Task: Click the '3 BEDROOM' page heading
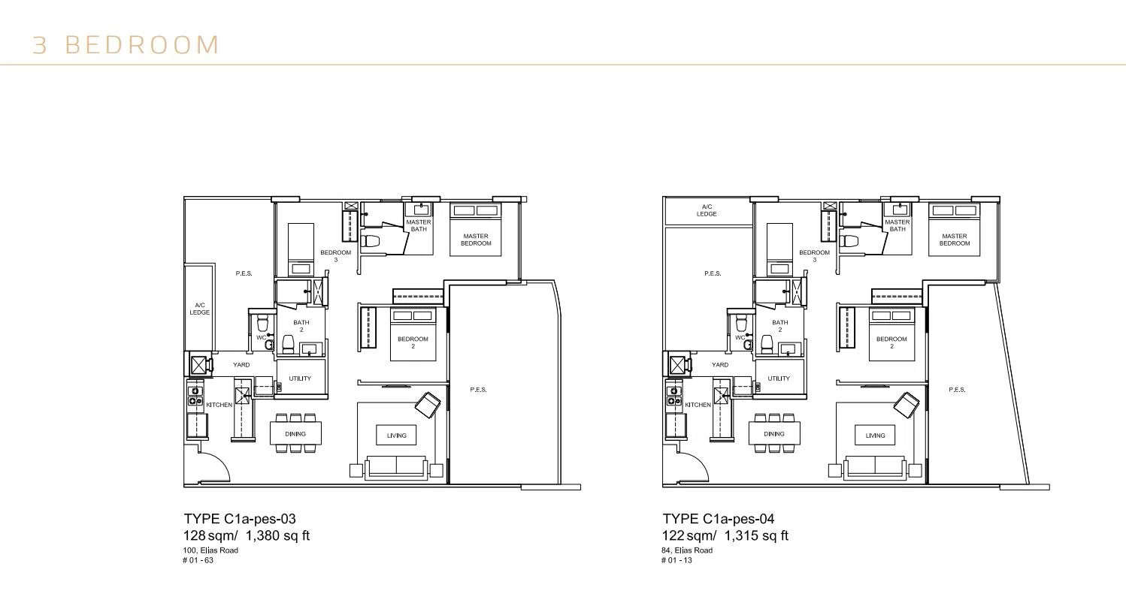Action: point(126,45)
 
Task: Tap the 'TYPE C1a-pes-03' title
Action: point(240,519)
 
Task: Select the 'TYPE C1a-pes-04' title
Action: point(719,519)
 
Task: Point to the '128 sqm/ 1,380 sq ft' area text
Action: point(247,535)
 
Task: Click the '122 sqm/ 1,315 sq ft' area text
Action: point(725,535)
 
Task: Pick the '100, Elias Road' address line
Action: point(210,550)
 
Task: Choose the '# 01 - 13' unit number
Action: point(677,560)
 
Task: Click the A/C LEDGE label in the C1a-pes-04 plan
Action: point(707,210)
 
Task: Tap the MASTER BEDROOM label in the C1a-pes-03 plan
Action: point(476,240)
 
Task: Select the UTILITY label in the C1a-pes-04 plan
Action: point(779,378)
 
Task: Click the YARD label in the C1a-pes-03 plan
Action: point(241,365)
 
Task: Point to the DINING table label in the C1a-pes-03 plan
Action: point(295,434)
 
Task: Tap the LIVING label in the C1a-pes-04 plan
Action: point(875,436)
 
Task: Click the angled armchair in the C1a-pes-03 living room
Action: point(427,405)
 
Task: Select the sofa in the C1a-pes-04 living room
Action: point(875,467)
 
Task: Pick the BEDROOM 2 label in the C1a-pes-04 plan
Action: point(891,342)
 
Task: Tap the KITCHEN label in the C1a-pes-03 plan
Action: point(219,405)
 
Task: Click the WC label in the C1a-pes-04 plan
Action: point(740,337)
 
